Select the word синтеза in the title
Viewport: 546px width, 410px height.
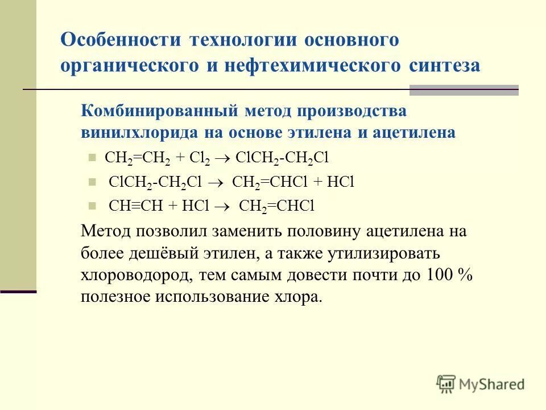(444, 65)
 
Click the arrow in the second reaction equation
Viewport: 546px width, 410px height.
(218, 182)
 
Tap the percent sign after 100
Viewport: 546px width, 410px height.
(466, 275)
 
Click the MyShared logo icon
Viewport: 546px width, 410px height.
(446, 384)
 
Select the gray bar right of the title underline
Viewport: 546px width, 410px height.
(464, 90)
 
